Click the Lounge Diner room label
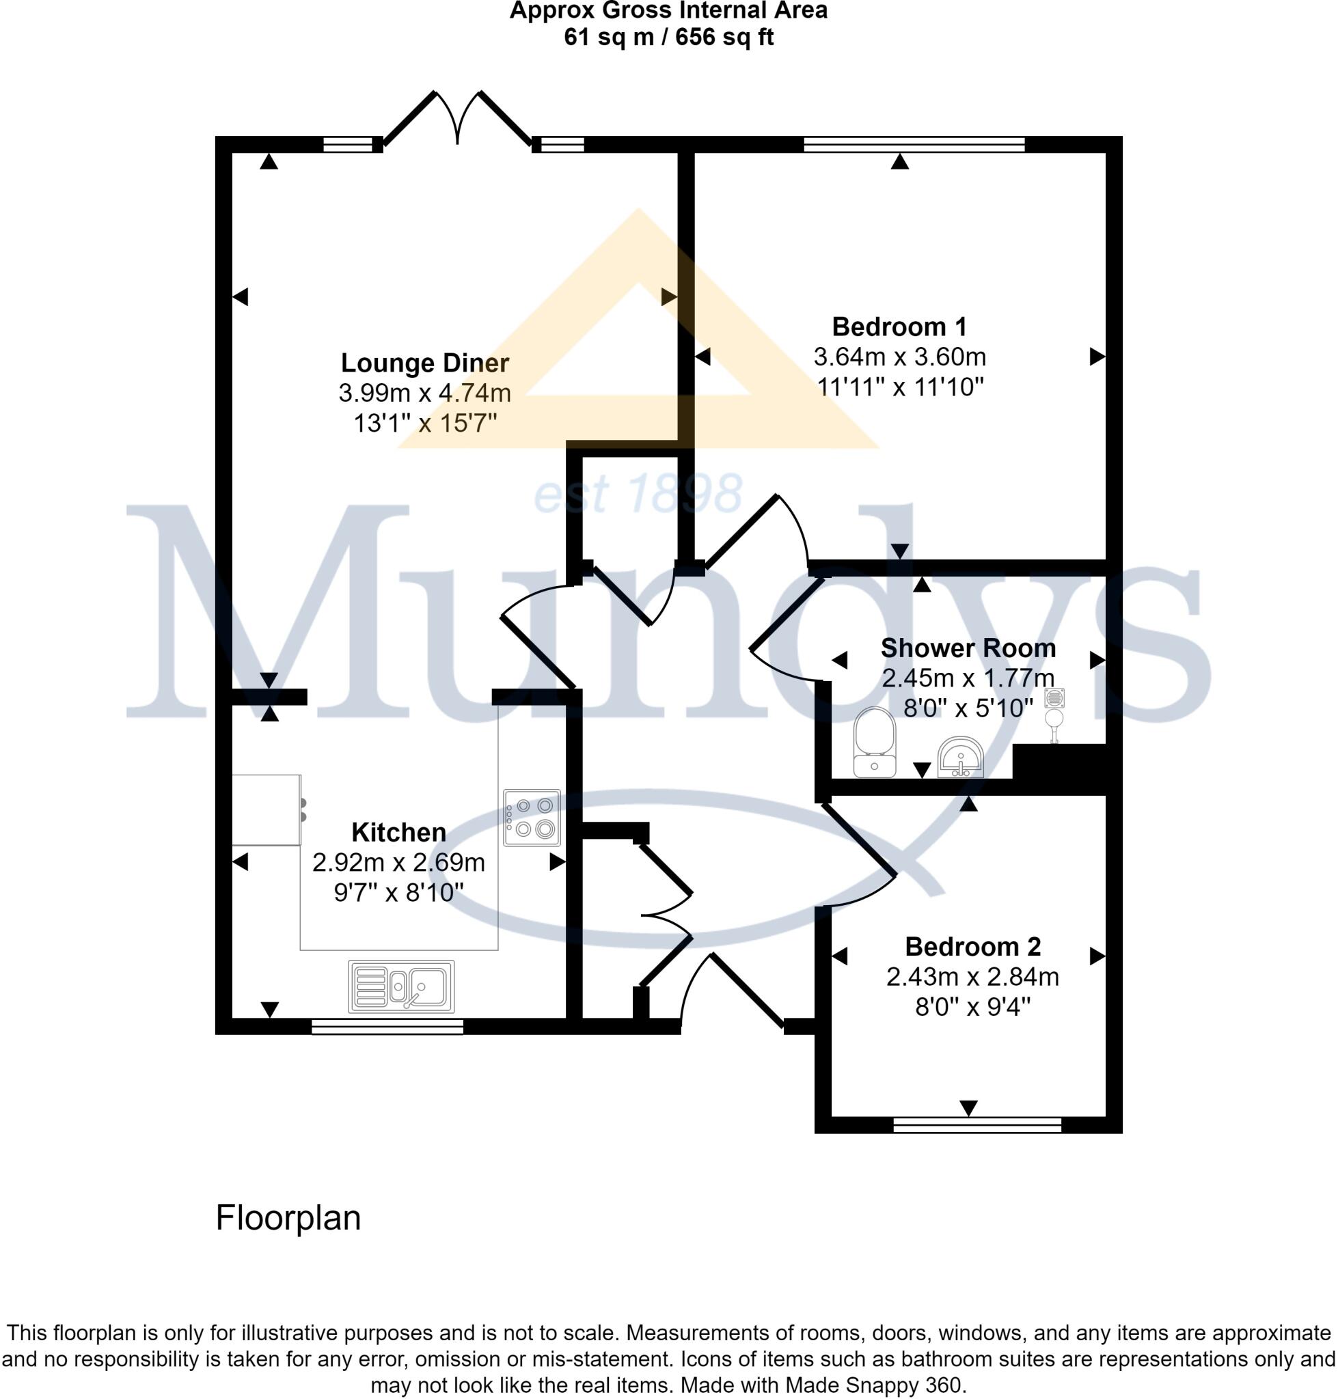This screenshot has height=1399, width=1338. click(424, 363)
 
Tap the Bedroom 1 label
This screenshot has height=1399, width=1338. click(899, 327)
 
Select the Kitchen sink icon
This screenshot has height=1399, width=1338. click(401, 987)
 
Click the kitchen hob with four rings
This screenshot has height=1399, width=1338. click(532, 817)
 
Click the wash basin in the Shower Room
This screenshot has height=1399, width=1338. click(961, 758)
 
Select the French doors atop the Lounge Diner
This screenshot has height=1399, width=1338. click(458, 121)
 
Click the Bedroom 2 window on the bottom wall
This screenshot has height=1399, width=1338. click(977, 1124)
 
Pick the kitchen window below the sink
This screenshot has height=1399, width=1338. click(387, 1026)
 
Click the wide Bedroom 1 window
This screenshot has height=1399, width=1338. click(914, 145)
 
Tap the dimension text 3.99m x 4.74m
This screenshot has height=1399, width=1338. click(424, 393)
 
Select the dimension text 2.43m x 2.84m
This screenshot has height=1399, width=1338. click(972, 977)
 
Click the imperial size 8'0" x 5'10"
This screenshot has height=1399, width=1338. click(968, 708)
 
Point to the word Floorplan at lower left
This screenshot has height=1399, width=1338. click(288, 1219)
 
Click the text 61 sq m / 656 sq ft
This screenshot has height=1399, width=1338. click(668, 37)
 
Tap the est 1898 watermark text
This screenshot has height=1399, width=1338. click(638, 493)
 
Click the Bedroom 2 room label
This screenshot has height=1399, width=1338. click(972, 947)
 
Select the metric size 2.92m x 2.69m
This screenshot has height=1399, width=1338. click(398, 863)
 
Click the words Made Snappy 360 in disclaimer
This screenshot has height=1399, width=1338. click(876, 1385)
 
